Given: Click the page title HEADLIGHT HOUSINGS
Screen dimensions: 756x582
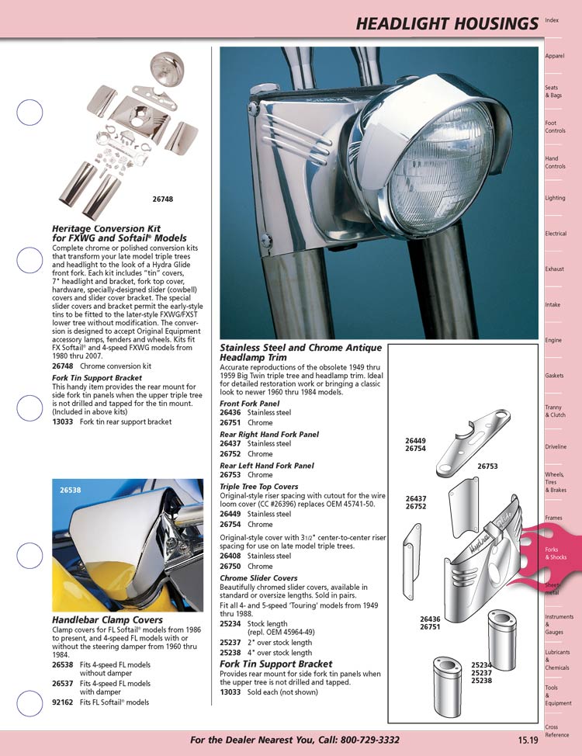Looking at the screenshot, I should pos(445,24).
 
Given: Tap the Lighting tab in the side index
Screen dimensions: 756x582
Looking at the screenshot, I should pos(555,198).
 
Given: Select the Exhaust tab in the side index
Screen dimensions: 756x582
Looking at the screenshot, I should pos(554,269).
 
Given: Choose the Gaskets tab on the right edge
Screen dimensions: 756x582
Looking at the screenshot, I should pos(554,376).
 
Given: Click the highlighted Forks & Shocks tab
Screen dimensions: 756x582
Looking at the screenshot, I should pos(556,553).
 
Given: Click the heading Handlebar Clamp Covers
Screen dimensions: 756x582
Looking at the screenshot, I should pos(107,620).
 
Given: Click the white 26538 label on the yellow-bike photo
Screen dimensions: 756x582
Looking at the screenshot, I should pos(70,490).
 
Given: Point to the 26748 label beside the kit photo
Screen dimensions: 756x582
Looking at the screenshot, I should pos(163,199).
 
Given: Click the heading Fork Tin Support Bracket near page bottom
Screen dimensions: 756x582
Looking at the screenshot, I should pos(275,664).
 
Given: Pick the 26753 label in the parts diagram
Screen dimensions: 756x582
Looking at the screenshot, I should pos(487,467).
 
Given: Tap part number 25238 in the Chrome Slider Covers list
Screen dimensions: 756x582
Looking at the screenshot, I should pos(230,654).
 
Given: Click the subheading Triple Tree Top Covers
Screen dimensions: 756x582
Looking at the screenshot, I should pos(258,487).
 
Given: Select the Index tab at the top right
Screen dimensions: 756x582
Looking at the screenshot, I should pos(553,19).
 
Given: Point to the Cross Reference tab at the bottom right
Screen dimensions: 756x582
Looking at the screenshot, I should pos(556,731).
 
